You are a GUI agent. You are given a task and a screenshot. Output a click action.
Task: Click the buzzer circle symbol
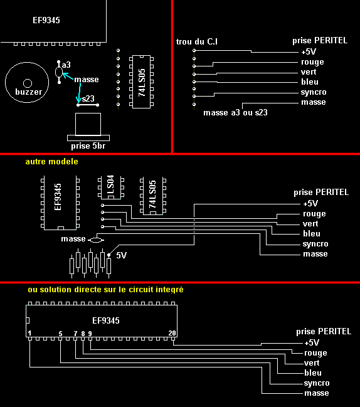(27, 82)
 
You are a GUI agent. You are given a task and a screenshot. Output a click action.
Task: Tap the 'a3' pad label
(66, 65)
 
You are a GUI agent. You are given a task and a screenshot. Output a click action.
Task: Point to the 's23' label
(88, 98)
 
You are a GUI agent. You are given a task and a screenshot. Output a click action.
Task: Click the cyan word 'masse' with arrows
(86, 80)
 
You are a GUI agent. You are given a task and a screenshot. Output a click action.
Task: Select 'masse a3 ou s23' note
(235, 113)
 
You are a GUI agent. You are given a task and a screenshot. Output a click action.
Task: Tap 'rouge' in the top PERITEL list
(312, 62)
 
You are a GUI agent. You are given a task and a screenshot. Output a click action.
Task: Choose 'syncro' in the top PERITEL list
(314, 92)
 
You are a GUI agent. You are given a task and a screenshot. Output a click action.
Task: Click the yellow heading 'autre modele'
(52, 161)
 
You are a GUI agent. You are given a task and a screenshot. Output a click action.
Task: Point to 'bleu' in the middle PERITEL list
(312, 234)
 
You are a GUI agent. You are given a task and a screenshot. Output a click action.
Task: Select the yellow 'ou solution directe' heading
(105, 290)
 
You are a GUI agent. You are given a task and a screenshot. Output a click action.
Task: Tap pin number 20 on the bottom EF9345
(172, 333)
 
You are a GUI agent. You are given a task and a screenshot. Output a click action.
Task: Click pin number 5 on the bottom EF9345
(60, 333)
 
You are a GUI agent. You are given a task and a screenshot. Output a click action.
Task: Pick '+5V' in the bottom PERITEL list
(311, 343)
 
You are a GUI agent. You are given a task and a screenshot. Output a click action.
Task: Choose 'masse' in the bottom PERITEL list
(316, 393)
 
